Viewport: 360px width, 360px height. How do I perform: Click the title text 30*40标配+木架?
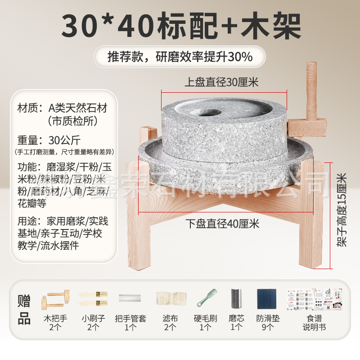point(180,26)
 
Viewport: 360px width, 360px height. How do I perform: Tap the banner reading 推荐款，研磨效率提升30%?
point(180,57)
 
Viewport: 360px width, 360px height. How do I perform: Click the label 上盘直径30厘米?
point(221,82)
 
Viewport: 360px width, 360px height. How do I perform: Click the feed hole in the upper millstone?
point(206,112)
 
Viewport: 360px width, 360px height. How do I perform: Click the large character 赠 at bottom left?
point(25,300)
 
